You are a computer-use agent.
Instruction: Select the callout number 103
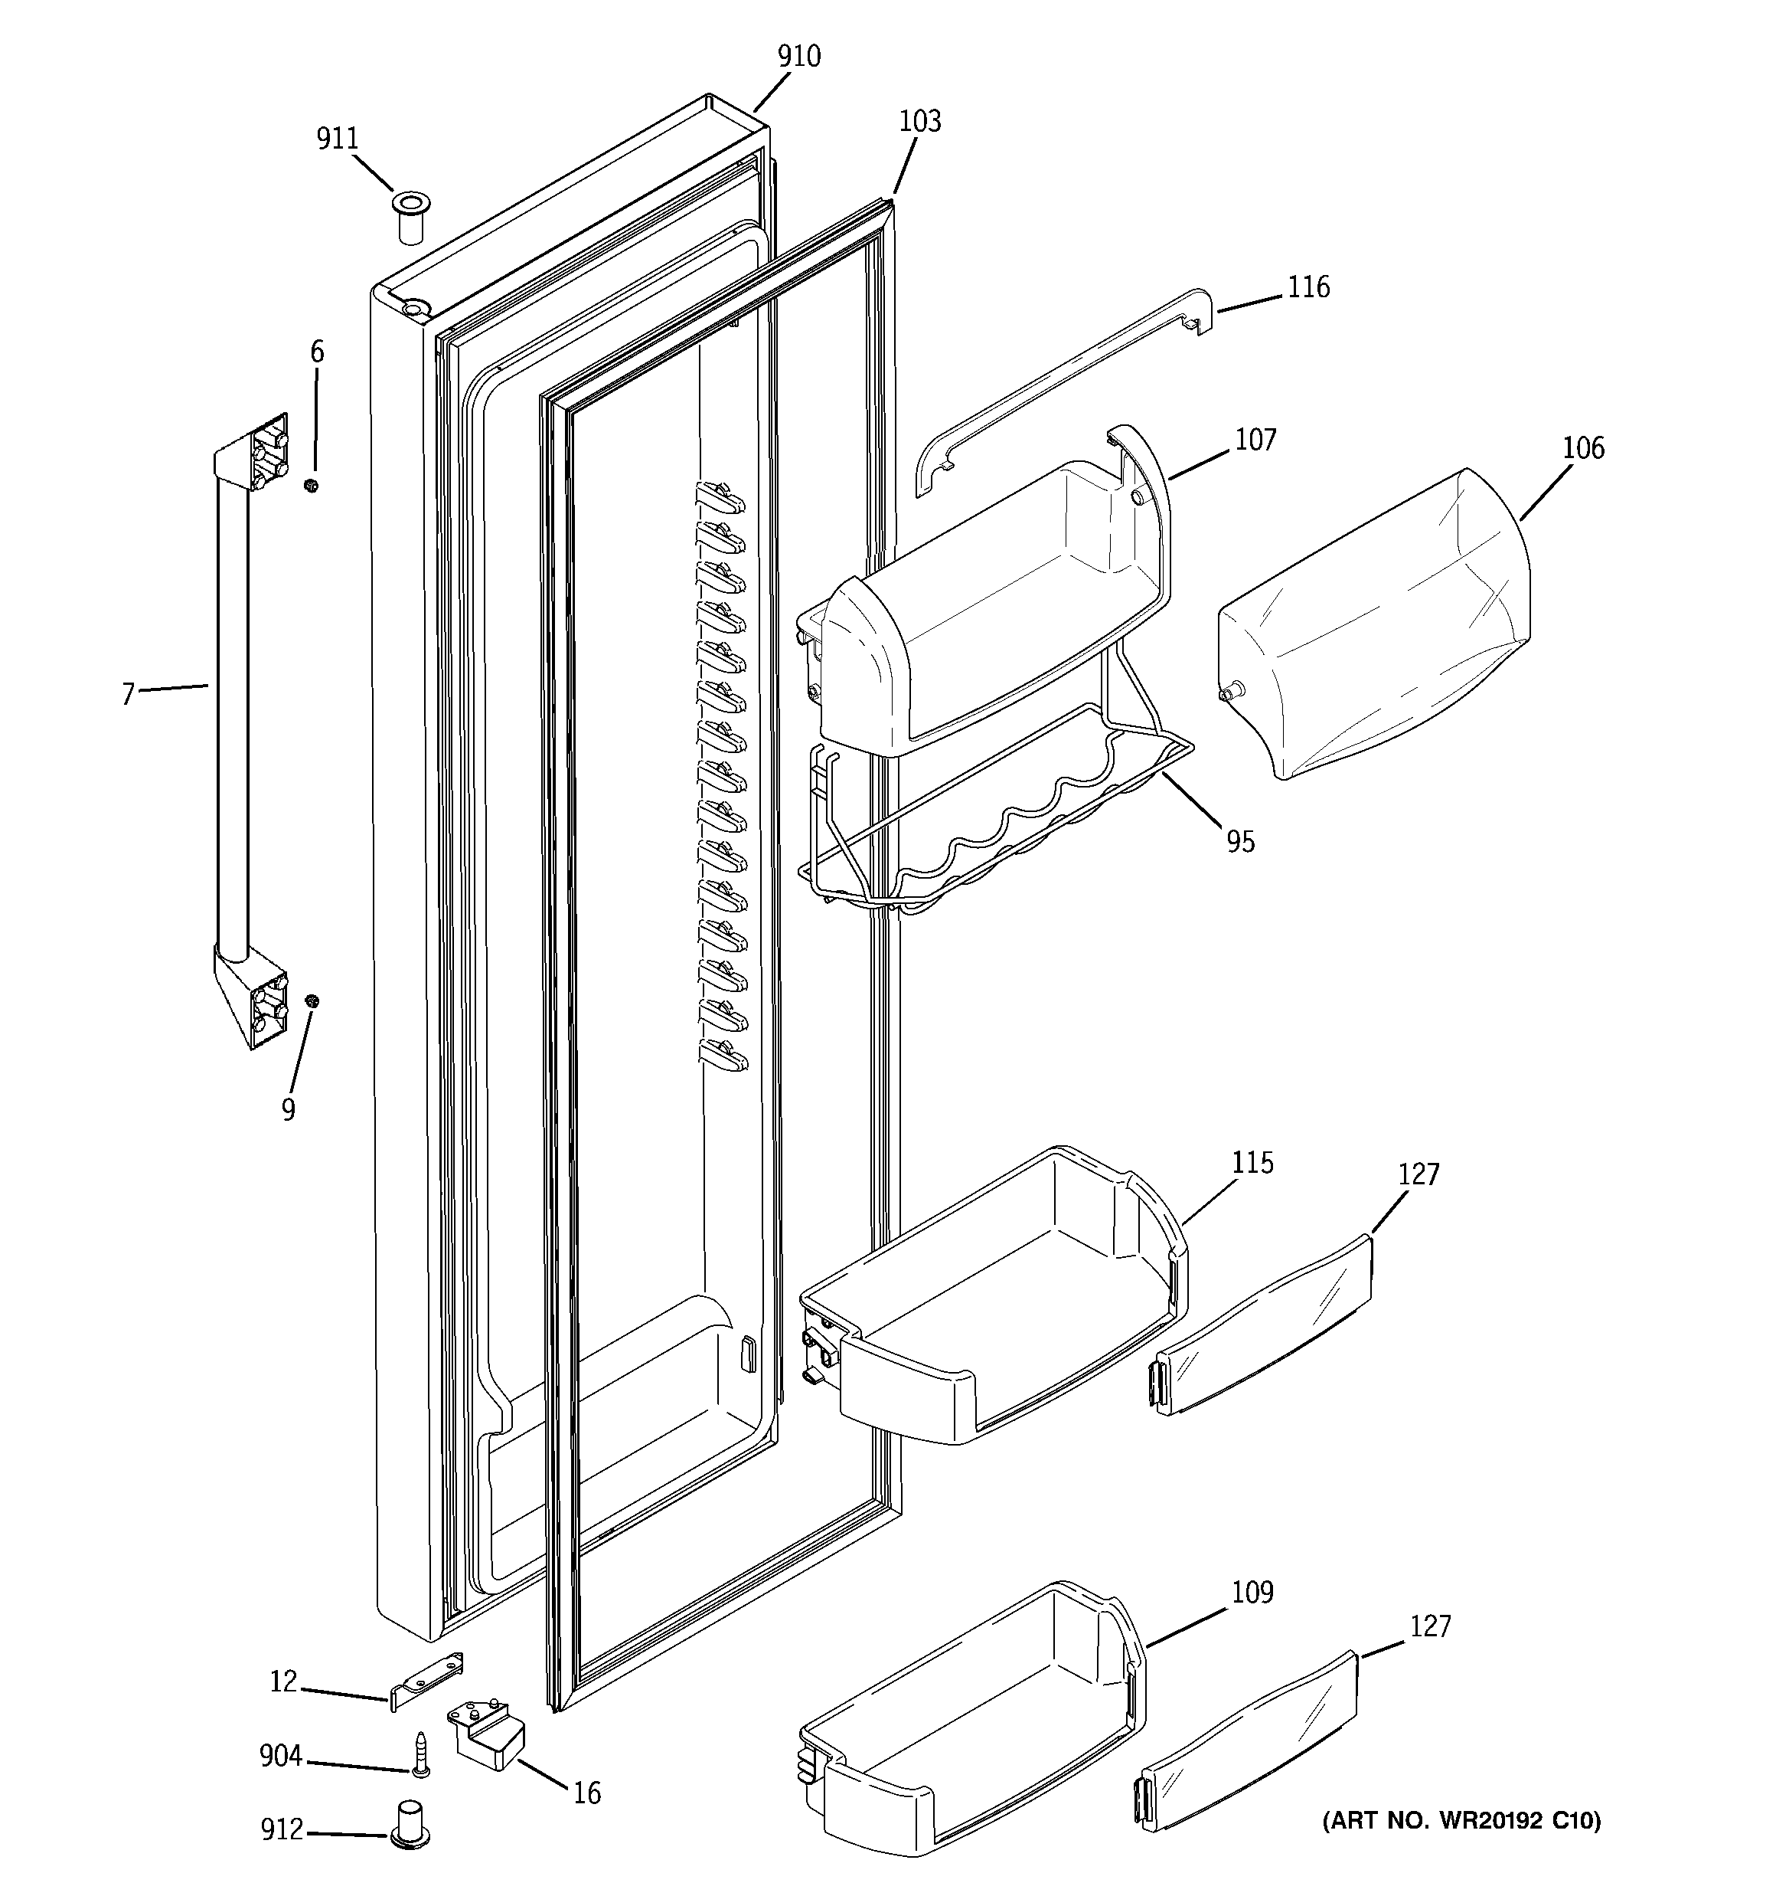click(919, 122)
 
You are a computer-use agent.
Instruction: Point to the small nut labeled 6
click(311, 486)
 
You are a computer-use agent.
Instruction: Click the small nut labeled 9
click(312, 1000)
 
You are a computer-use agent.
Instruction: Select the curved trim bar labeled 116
click(1058, 394)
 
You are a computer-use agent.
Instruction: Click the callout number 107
click(1255, 440)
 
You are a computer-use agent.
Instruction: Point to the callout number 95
click(1240, 842)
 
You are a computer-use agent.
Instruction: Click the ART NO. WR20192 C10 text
click(1461, 1822)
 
